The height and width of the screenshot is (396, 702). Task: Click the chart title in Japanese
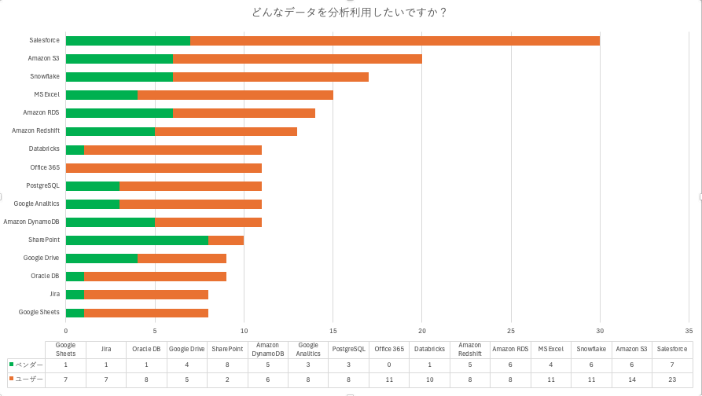350,12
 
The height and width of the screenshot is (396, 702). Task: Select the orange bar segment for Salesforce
395,41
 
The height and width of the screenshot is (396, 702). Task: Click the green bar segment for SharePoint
137,240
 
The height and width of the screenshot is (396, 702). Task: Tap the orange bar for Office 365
164,167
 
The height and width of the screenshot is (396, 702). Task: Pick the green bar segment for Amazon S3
119,59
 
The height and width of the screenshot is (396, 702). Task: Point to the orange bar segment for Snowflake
270,77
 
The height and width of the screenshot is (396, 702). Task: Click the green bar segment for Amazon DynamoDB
110,222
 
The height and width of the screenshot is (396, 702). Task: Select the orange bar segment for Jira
146,295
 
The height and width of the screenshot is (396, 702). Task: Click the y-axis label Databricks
44,149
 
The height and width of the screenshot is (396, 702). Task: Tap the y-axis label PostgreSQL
42,185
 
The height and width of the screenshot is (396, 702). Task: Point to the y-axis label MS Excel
46,95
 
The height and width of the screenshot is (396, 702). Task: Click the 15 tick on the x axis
333,331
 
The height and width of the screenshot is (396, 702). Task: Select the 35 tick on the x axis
689,331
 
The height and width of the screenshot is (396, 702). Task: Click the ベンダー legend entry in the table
25,365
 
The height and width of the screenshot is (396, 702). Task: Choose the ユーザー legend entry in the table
25,379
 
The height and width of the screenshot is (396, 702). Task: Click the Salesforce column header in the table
671,350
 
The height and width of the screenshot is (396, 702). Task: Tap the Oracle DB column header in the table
146,350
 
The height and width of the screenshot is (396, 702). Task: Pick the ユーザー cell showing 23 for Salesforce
671,379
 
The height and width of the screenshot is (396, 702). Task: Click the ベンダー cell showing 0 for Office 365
389,365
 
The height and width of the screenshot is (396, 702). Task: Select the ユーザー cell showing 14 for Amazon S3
631,379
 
